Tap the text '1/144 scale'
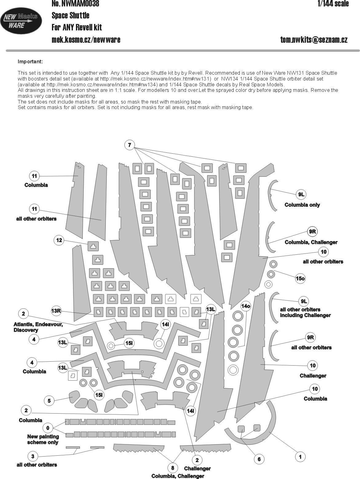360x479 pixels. (333, 4)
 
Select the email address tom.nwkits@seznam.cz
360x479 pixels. (314, 40)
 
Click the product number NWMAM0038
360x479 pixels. (75, 4)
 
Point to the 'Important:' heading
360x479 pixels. (30, 61)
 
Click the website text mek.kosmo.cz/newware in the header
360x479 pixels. (86, 40)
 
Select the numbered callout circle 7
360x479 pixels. (130, 145)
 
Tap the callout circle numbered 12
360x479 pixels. (59, 240)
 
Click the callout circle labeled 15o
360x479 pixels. (300, 279)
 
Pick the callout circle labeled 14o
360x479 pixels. (246, 306)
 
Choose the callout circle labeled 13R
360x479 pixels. (56, 311)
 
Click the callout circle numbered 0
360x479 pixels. (48, 428)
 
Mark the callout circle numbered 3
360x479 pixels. (33, 456)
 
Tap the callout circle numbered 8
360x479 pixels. (172, 468)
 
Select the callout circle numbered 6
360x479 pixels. (259, 459)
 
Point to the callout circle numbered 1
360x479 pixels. (300, 457)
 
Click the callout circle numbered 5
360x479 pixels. (49, 401)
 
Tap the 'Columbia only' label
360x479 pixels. (302, 205)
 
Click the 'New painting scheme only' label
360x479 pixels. (43, 439)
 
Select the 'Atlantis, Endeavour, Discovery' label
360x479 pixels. (38, 327)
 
